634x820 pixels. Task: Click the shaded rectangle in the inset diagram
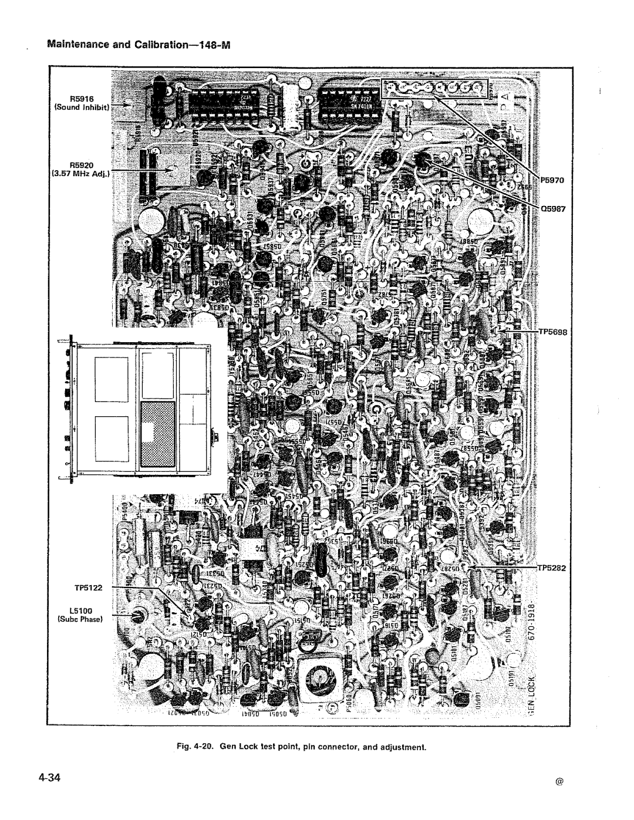[x=157, y=436]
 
